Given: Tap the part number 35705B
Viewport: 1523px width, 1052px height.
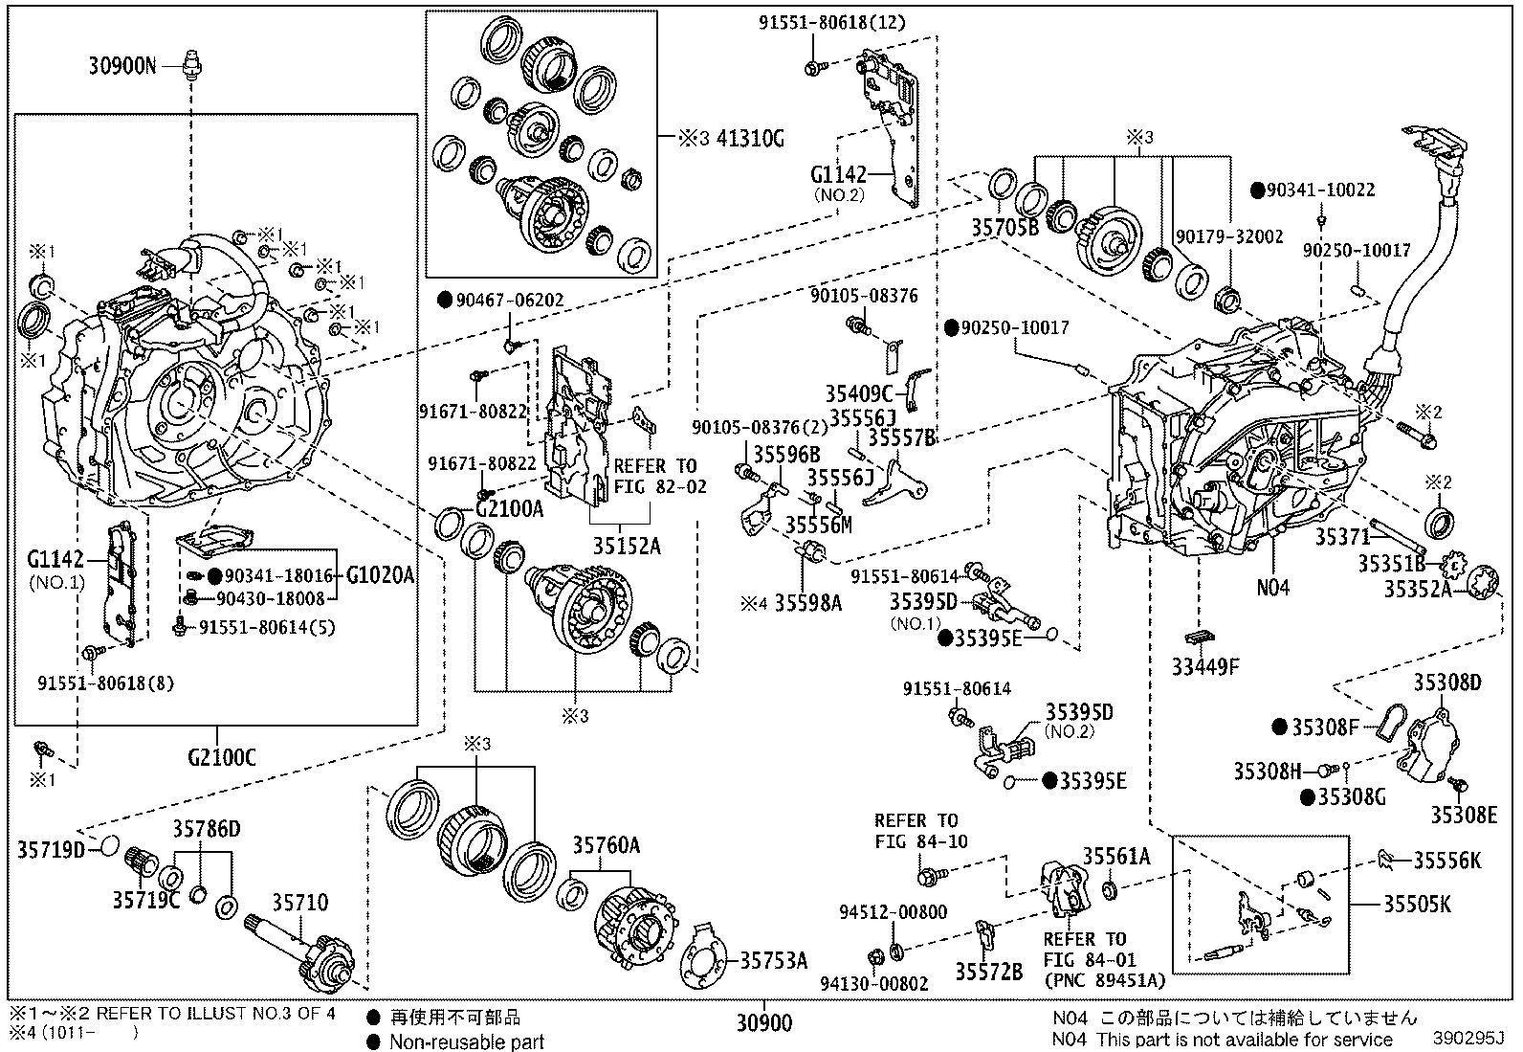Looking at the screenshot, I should [1004, 228].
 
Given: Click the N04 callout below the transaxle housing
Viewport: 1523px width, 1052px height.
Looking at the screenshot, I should [1272, 587].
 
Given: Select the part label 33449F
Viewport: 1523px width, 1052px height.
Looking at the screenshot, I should [1204, 667].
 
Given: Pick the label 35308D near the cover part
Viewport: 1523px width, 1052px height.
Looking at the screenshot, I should [1446, 683].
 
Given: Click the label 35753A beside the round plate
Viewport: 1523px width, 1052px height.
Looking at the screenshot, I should [772, 960].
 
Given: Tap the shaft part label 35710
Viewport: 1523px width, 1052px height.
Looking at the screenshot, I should [299, 903].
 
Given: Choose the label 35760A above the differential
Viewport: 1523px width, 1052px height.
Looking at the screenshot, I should [607, 845].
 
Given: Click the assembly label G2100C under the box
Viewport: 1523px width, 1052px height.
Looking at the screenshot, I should [221, 758].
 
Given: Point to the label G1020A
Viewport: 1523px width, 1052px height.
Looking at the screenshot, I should [380, 575].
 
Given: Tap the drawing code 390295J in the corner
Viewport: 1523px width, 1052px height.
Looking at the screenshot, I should [1468, 1038].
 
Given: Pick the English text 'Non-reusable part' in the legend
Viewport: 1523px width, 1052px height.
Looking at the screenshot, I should [466, 1041].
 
